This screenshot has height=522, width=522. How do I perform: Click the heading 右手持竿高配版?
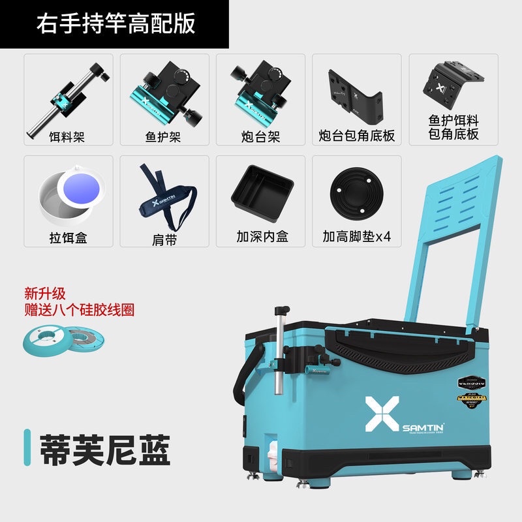pyautogui.click(x=115, y=23)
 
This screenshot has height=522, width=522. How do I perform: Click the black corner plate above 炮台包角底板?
pyautogui.click(x=356, y=95)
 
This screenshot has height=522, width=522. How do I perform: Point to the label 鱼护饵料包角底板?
pyautogui.click(x=453, y=127)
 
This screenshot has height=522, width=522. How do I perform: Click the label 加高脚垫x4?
pyautogui.click(x=356, y=236)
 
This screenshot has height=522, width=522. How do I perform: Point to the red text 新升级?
pyautogui.click(x=45, y=294)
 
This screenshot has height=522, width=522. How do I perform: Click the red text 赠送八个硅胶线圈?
pyautogui.click(x=78, y=309)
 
